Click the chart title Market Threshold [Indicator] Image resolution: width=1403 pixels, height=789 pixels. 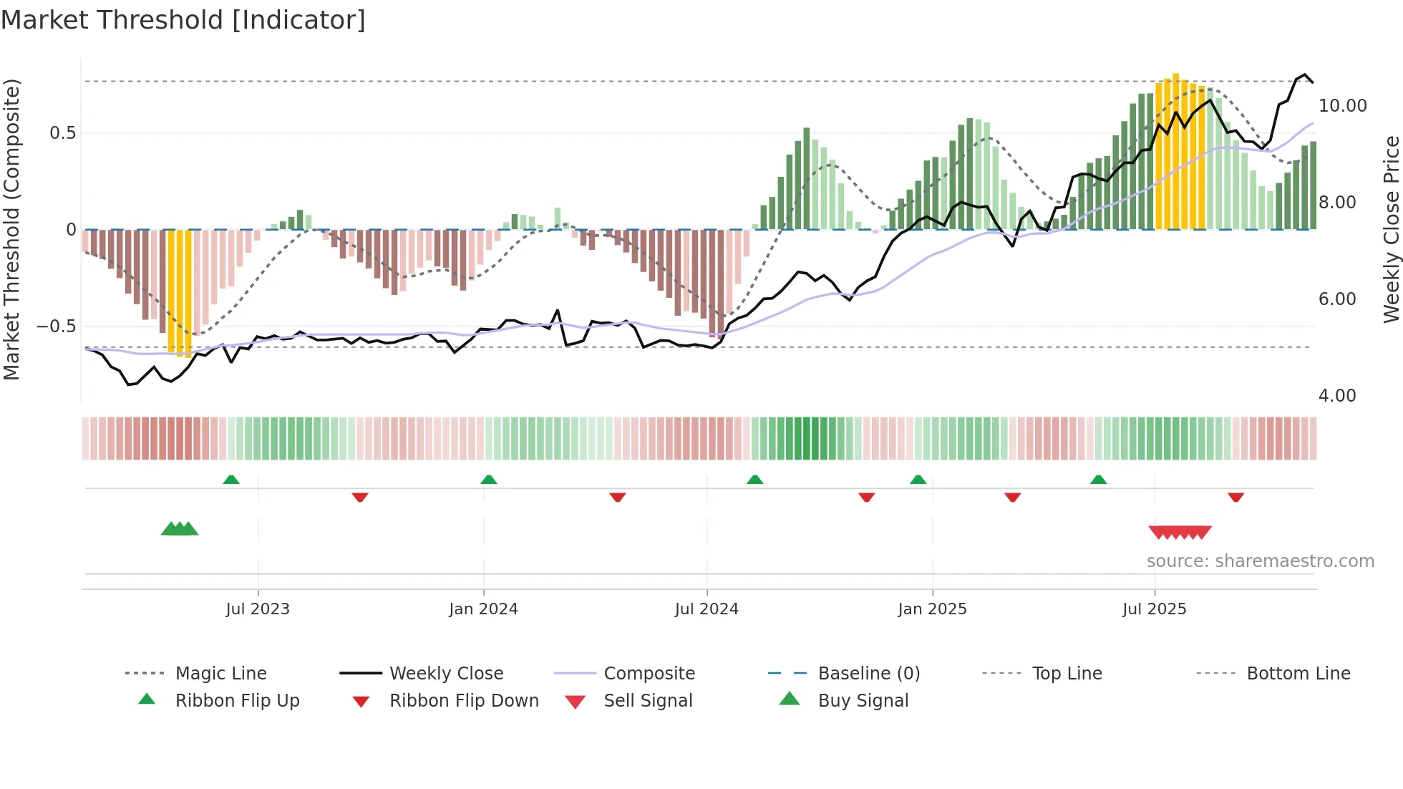pyautogui.click(x=183, y=20)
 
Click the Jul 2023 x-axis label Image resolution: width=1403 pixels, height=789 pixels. pyautogui.click(x=258, y=609)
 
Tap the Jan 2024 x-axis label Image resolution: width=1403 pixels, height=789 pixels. pyautogui.click(x=483, y=609)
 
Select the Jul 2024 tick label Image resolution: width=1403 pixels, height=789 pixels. pyautogui.click(x=707, y=609)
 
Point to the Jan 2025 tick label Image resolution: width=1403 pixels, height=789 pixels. pyautogui.click(x=932, y=609)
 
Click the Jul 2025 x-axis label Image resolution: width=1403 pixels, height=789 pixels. pyautogui.click(x=1154, y=609)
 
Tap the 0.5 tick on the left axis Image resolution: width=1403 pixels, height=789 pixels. pyautogui.click(x=63, y=133)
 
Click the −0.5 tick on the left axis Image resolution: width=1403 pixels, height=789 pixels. pyautogui.click(x=57, y=326)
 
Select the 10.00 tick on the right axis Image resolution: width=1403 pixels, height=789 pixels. pyautogui.click(x=1342, y=106)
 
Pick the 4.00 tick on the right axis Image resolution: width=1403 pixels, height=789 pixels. pyautogui.click(x=1337, y=396)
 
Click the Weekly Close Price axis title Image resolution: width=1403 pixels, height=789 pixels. pyautogui.click(x=1391, y=229)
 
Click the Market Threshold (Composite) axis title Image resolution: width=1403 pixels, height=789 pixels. pyautogui.click(x=11, y=229)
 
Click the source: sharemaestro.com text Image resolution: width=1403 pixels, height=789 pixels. pyautogui.click(x=1260, y=561)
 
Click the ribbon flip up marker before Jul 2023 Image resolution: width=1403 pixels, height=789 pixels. pyautogui.click(x=231, y=480)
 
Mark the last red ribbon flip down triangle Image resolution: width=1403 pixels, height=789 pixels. pyautogui.click(x=1235, y=497)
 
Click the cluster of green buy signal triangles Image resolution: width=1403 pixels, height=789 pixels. pyautogui.click(x=180, y=529)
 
